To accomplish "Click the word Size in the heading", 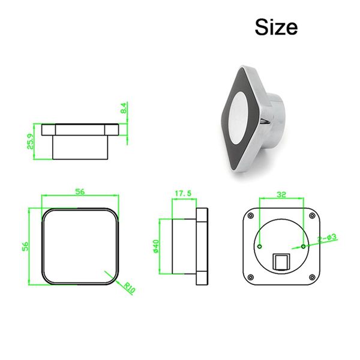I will tap(276, 26).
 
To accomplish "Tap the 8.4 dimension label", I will tap(123, 110).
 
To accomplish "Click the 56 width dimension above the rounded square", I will tap(79, 191).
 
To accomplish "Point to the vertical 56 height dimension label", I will tap(25, 246).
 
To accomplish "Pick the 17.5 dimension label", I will tap(182, 194).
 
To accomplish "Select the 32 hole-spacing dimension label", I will tap(281, 194).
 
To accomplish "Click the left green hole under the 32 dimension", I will tap(260, 246).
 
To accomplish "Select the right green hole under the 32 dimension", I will tap(304, 246).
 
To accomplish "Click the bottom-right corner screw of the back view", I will tap(312, 277).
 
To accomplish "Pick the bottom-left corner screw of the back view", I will tap(251, 277).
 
